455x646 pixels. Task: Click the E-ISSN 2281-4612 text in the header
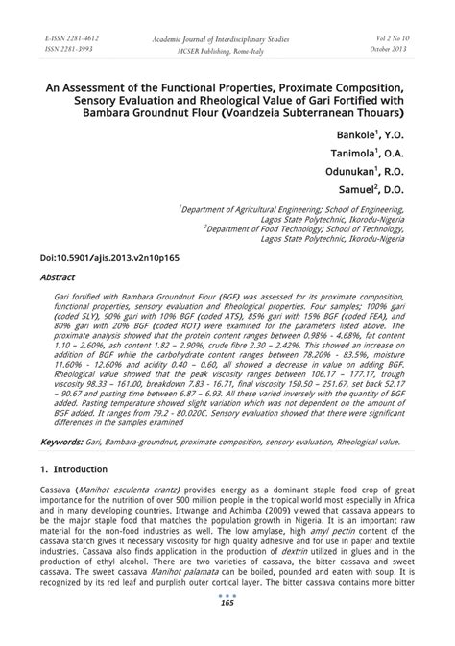coord(71,38)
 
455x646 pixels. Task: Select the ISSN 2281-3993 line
coord(68,49)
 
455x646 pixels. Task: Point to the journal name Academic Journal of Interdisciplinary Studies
coord(227,38)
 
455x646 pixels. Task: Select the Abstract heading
coord(57,276)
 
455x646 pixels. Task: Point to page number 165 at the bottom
coord(227,602)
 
